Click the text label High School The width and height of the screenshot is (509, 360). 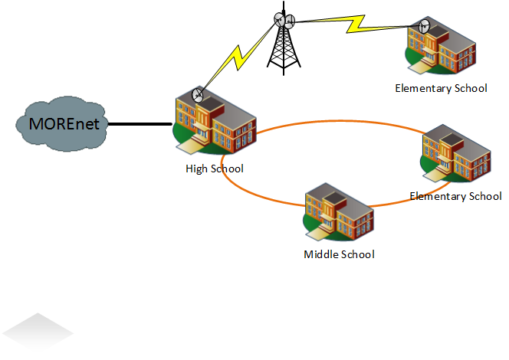tap(215, 169)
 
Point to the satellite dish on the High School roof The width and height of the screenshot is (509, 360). tap(199, 96)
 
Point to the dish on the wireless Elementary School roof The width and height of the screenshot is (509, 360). tap(424, 26)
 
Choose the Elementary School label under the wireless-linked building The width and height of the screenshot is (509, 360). tap(441, 88)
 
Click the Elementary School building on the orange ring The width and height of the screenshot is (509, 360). tap(456, 154)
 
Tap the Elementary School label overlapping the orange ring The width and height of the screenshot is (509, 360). tap(455, 197)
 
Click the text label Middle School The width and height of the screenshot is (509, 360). tap(339, 254)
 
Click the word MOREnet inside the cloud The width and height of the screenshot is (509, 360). tap(64, 123)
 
